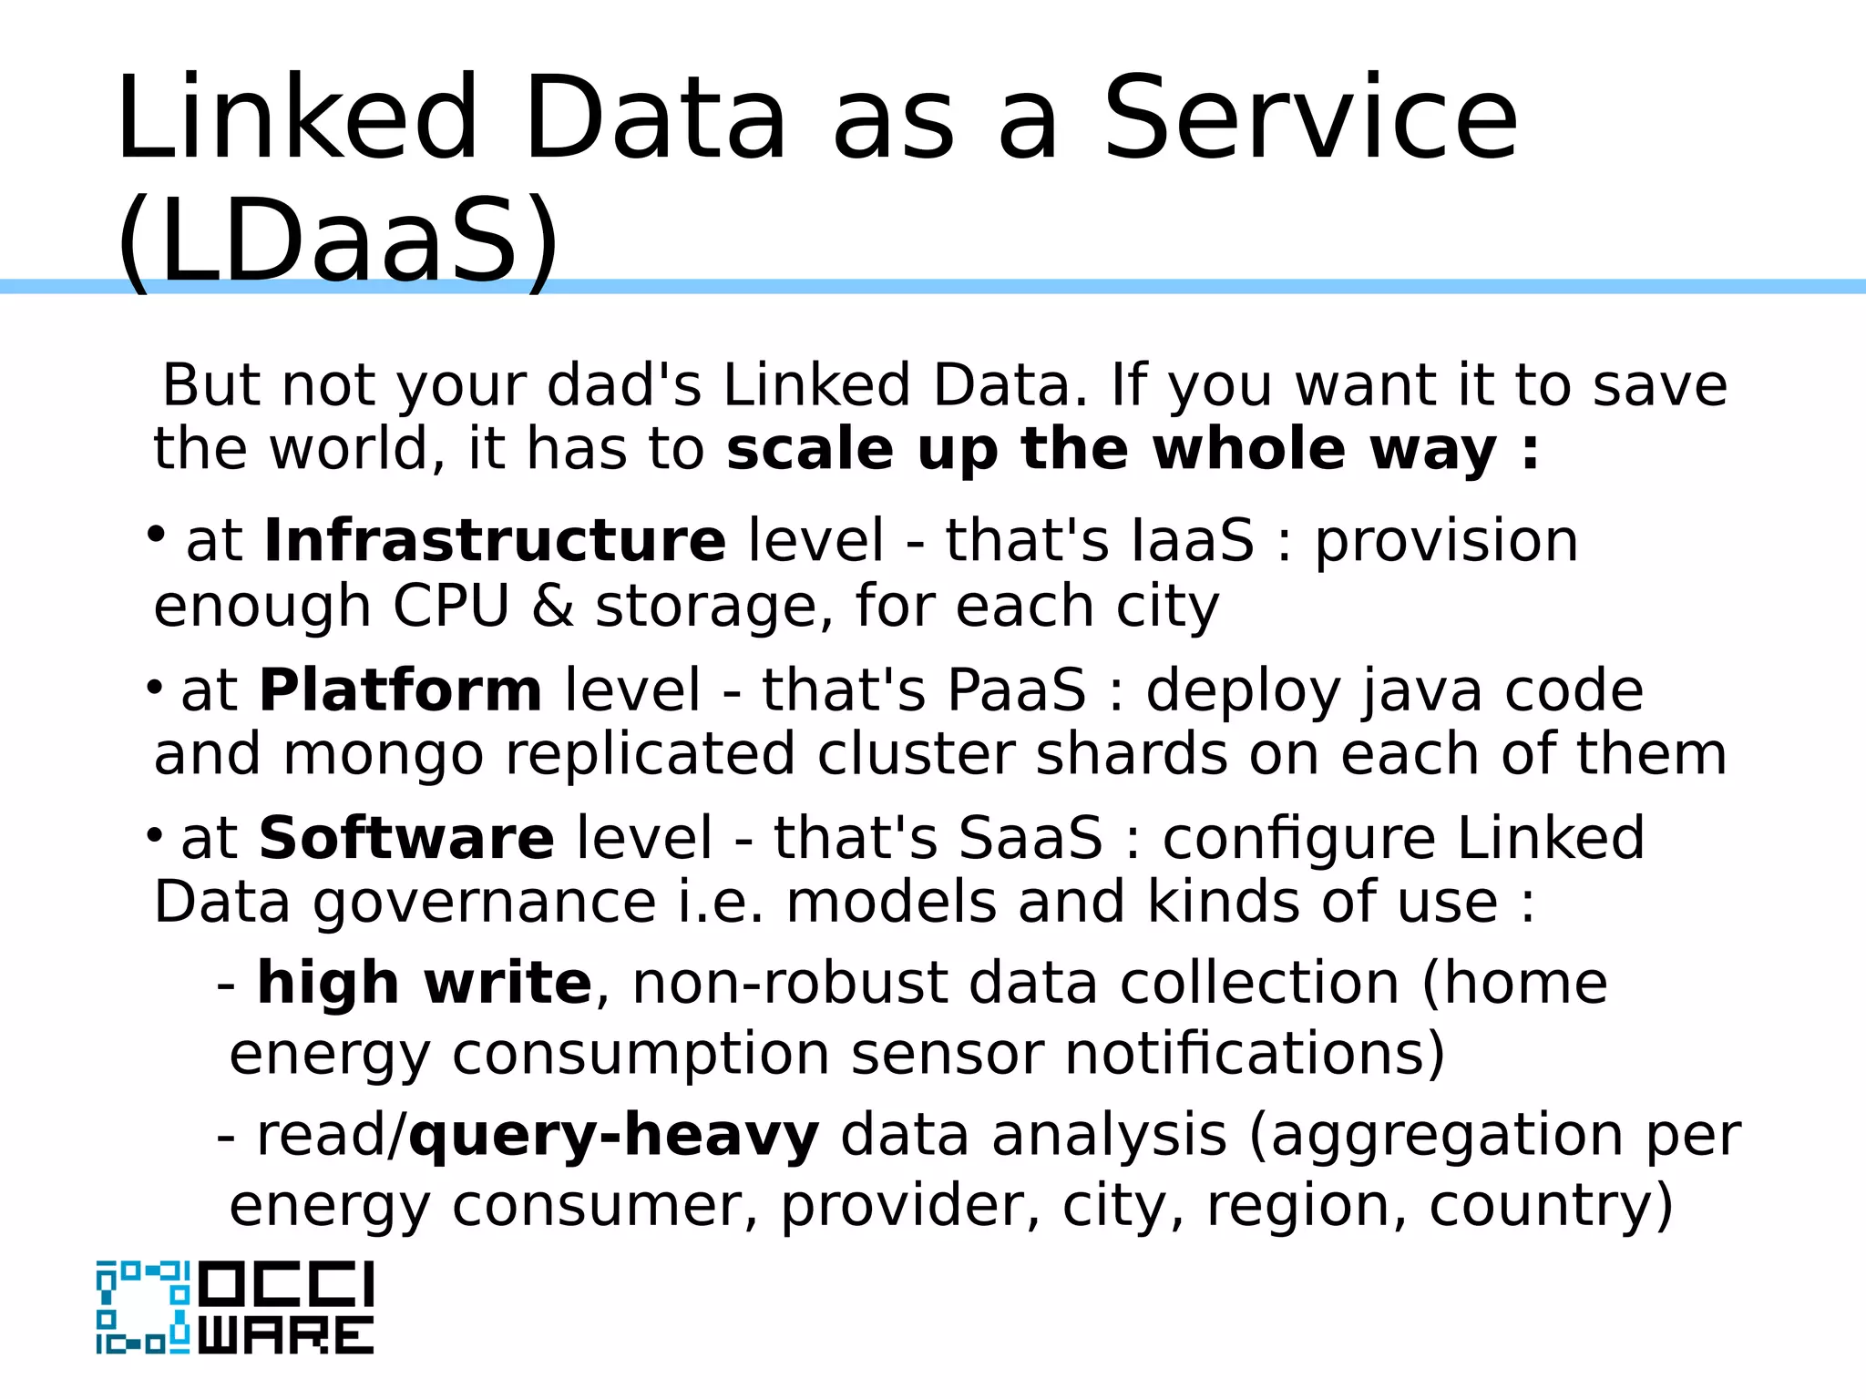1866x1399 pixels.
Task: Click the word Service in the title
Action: pyautogui.click(x=1310, y=119)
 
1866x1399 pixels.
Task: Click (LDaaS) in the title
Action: pyautogui.click(x=338, y=242)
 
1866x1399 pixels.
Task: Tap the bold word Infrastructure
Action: pyautogui.click(x=495, y=541)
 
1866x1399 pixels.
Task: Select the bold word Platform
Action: pyautogui.click(x=401, y=690)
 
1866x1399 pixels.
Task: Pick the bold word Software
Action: pyautogui.click(x=406, y=839)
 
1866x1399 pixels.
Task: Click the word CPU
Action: pyautogui.click(x=451, y=607)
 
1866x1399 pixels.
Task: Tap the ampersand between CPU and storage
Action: pyautogui.click(x=553, y=607)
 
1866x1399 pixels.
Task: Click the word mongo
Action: pyautogui.click(x=383, y=755)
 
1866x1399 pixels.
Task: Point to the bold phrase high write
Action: pyautogui.click(x=425, y=984)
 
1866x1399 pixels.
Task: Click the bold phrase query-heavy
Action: pyautogui.click(x=614, y=1136)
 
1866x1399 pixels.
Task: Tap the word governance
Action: pyautogui.click(x=485, y=904)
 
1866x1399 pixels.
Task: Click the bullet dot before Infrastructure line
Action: pyautogui.click(x=157, y=534)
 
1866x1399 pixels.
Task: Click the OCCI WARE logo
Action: pyautogui.click(x=235, y=1307)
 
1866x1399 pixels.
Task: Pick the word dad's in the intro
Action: pyautogui.click(x=624, y=385)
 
